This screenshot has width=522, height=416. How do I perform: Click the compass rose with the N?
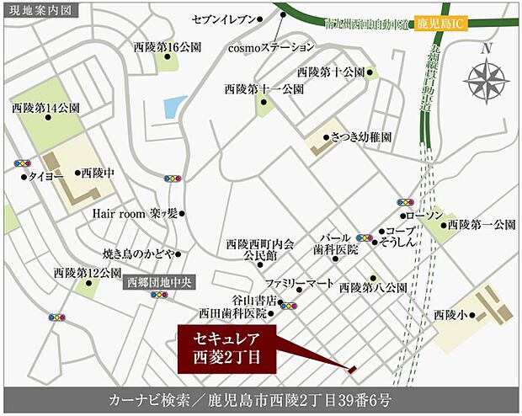click(486, 83)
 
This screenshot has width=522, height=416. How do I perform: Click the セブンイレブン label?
click(221, 17)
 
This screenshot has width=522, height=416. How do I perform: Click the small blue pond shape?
click(175, 107)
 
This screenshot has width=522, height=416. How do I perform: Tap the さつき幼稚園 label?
click(360, 136)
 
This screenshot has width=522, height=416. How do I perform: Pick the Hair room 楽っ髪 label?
click(134, 214)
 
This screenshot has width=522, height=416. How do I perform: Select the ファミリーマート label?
click(299, 283)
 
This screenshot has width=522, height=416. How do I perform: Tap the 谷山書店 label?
click(250, 299)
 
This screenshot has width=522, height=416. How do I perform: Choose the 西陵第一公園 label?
click(481, 225)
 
